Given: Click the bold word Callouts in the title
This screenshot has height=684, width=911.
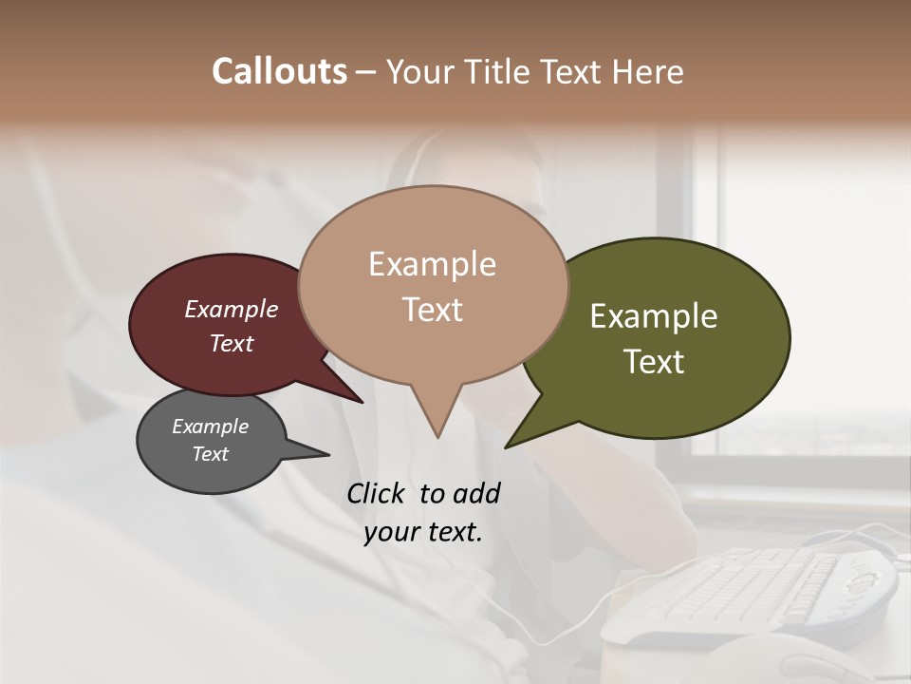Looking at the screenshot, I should point(279,71).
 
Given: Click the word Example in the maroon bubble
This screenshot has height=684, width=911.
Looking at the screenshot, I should point(232,309).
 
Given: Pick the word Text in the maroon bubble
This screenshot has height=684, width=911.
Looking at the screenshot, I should point(232,343).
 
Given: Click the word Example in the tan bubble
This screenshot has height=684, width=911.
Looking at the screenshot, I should point(432,263).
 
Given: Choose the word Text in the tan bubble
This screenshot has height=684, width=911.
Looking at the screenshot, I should point(432,309).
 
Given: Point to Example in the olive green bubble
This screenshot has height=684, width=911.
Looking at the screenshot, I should point(654,315).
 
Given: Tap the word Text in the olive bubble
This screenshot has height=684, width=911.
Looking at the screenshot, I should point(654,361).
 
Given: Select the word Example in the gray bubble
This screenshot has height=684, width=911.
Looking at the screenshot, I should point(210,427).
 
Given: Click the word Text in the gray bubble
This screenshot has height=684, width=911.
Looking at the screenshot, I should point(210,454).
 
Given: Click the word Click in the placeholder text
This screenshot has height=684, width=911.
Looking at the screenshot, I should point(376,493).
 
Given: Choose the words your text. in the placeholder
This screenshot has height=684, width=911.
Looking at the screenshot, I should point(422,532).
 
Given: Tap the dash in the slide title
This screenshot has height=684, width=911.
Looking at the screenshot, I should point(366,71).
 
